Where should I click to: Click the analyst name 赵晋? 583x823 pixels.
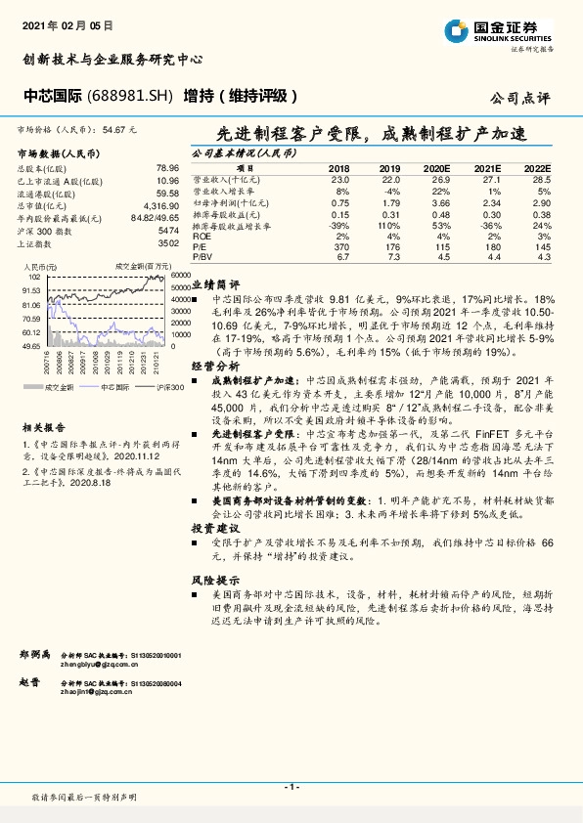point(29,682)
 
